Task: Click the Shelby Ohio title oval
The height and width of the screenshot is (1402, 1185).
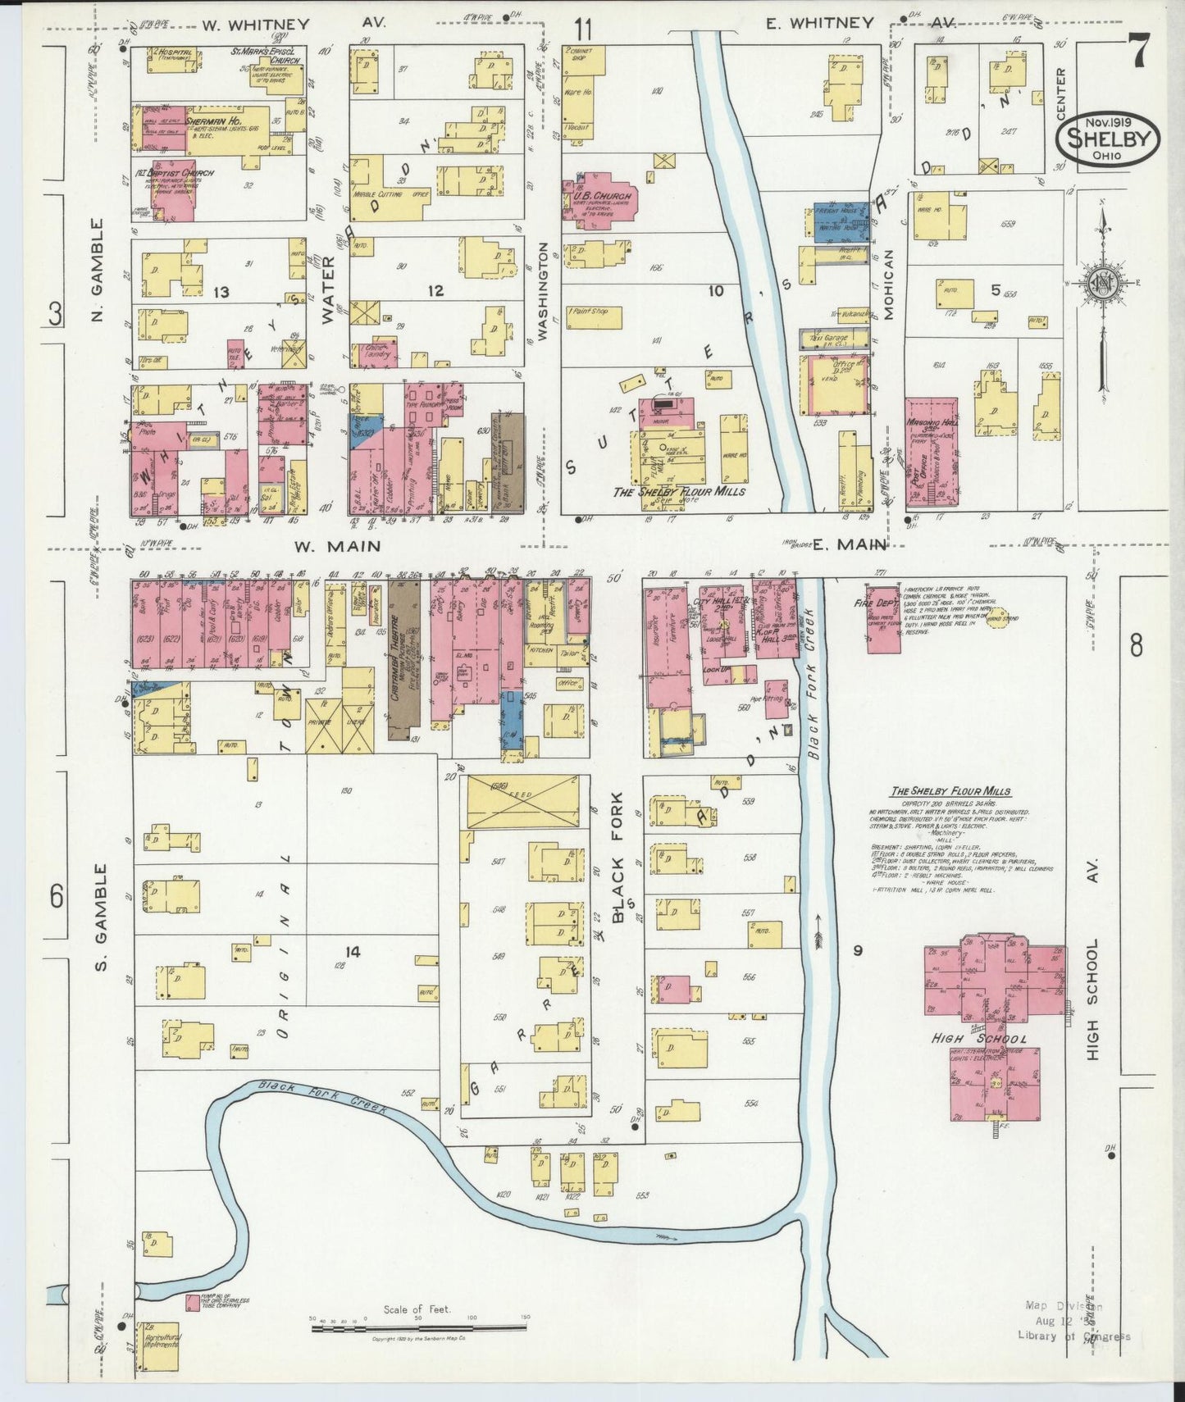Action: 1113,140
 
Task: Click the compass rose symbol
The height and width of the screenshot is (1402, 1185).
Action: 1103,283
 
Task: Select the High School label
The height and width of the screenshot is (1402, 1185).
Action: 978,1039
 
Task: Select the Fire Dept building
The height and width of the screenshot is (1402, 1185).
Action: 882,620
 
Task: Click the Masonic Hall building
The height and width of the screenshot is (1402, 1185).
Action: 931,452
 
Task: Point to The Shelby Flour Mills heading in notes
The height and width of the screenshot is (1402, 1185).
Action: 950,791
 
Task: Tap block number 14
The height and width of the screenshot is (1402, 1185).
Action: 353,951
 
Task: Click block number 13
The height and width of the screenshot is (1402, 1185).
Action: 219,291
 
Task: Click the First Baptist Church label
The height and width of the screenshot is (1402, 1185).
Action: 187,174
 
